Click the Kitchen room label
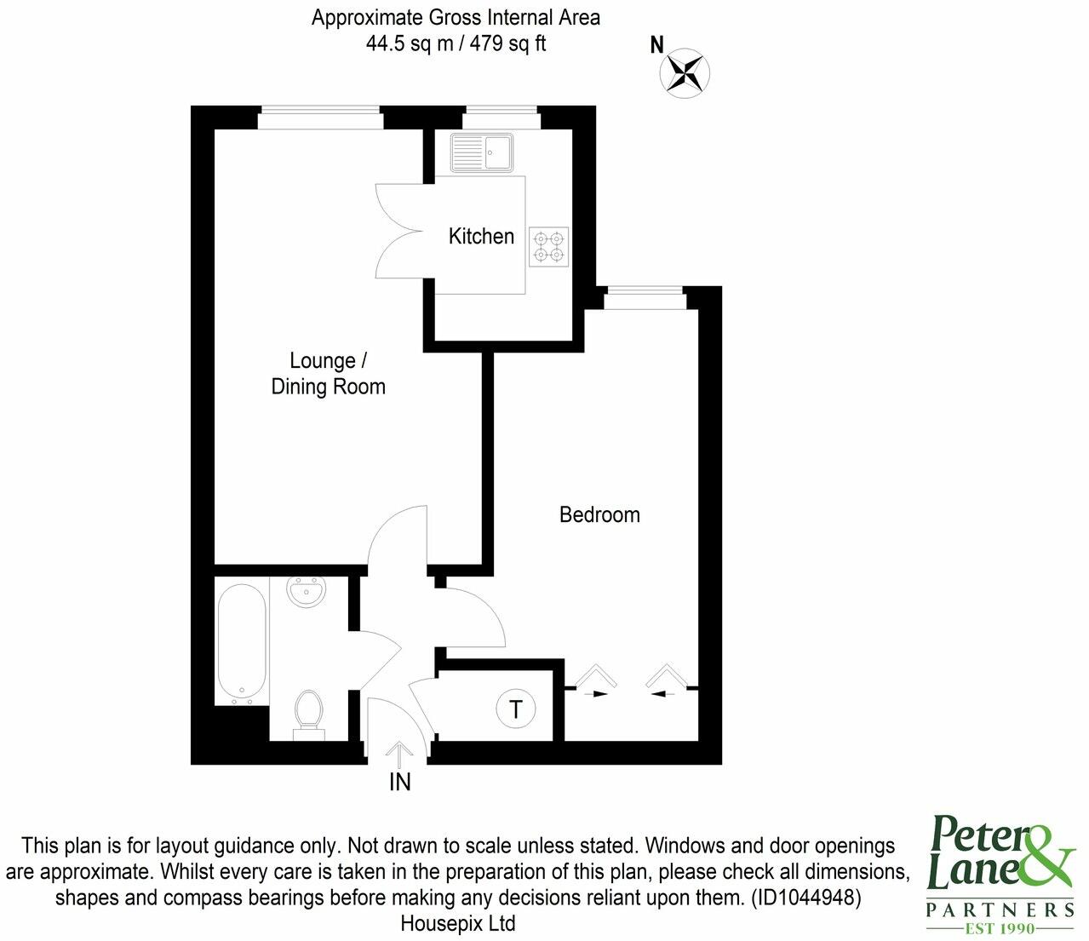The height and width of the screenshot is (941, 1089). pos(481,236)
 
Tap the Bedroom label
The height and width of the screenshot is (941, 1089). pos(599,514)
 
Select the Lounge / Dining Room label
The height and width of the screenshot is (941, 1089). pos(328,374)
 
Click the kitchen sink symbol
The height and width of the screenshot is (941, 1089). pos(482,153)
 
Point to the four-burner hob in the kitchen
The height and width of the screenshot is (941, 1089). pos(549,246)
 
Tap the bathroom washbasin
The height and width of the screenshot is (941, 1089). pos(306,592)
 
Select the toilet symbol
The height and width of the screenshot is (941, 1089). pos(308,714)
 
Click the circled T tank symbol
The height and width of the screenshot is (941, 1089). pos(516,709)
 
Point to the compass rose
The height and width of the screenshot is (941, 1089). pos(685,72)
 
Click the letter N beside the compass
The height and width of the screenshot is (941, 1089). pos(656,45)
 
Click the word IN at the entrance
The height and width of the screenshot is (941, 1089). pos(399,782)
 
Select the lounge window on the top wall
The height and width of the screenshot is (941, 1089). pos(319,118)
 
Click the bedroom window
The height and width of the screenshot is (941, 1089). pos(645,299)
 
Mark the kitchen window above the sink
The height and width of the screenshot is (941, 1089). pos(502,118)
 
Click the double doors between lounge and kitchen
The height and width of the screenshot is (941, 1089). pos(400,231)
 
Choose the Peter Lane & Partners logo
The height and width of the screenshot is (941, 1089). pos(1000,874)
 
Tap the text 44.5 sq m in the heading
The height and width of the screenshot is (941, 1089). pos(410,43)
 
